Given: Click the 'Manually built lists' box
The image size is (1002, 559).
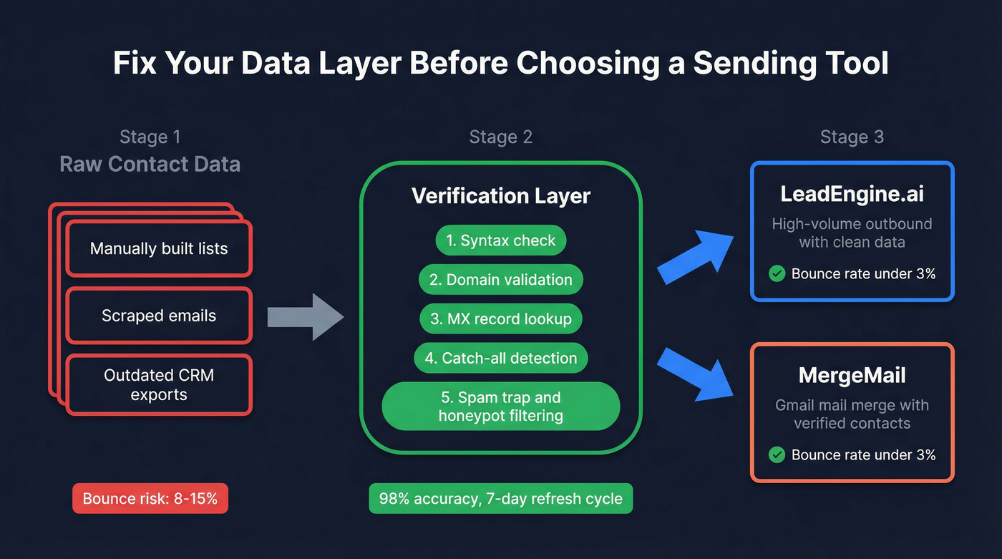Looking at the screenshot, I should [159, 249].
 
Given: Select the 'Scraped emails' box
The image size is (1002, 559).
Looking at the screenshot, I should [159, 316].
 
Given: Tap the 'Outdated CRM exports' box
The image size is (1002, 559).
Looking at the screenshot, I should [159, 385].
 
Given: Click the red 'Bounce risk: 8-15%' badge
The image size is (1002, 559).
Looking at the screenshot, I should [150, 498].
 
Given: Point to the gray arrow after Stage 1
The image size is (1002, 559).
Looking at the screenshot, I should [305, 316].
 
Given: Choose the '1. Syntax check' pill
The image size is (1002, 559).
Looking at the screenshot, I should [500, 240].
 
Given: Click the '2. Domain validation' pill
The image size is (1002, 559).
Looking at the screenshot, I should [500, 280].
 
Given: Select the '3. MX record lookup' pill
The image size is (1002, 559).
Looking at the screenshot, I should [500, 319].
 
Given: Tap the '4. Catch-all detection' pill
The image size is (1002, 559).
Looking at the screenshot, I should [500, 359].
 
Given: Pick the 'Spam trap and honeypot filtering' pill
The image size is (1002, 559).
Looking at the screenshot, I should [500, 407].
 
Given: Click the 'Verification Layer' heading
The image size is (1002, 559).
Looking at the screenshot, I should [500, 196].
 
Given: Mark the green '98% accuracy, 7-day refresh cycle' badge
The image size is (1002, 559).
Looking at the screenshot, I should [500, 498].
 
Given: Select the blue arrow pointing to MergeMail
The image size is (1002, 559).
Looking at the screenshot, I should [694, 372].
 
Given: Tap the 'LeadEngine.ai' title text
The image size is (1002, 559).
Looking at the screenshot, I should [852, 195].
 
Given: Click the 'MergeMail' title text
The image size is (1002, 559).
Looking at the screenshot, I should [852, 376].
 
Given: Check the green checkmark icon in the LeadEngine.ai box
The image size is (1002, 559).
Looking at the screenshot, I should [777, 273].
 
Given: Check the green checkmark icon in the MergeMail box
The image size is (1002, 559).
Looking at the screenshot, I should [777, 455].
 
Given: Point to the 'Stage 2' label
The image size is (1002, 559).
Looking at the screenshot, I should [500, 137].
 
